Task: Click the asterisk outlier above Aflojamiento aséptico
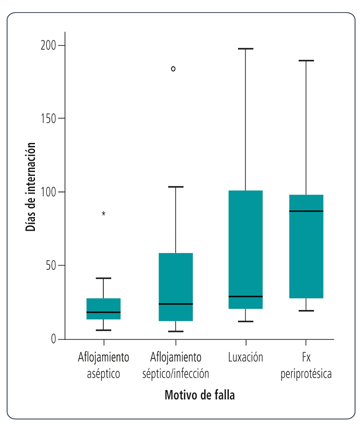(x=104, y=214)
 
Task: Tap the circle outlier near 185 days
(x=173, y=69)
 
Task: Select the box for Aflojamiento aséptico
(x=104, y=309)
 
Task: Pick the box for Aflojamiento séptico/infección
(x=175, y=286)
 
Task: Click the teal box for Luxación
(x=246, y=249)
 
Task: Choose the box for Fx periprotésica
(x=306, y=246)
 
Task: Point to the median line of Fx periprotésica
(x=306, y=211)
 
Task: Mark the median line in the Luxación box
(x=246, y=296)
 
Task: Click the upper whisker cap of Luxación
(x=246, y=49)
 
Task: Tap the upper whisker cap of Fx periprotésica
(x=306, y=61)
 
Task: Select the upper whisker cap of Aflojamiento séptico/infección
(x=175, y=187)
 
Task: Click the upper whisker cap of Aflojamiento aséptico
(x=104, y=278)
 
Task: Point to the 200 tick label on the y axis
(x=49, y=45)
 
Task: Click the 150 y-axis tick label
(x=49, y=118)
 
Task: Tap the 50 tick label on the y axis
(x=51, y=266)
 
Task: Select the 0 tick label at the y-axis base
(x=54, y=339)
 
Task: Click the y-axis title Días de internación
(x=31, y=187)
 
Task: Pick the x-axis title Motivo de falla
(x=199, y=395)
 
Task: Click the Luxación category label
(x=246, y=357)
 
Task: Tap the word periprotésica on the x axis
(x=306, y=374)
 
